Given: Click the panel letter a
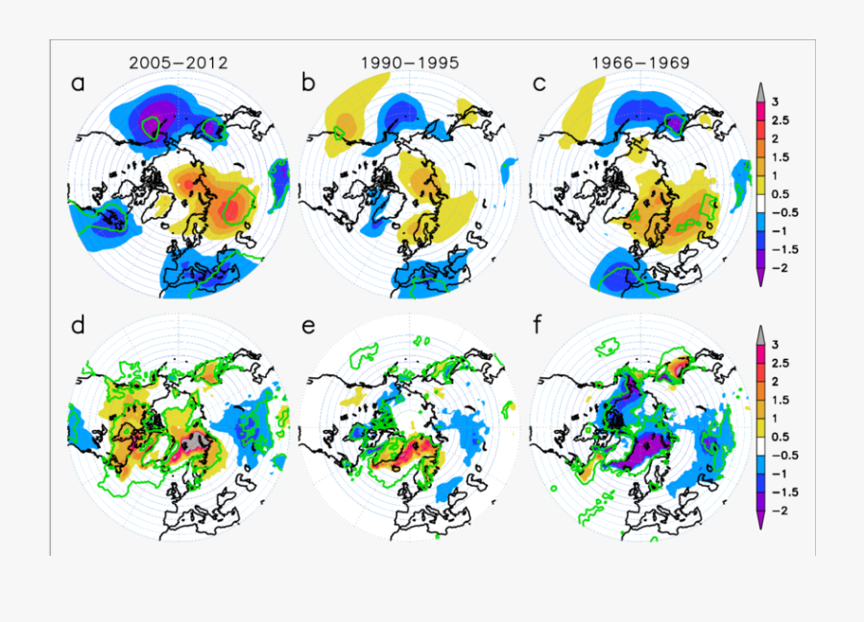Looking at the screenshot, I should pos(78,84).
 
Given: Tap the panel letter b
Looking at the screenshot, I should pos(308,84).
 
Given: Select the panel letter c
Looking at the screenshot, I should pos(539,84).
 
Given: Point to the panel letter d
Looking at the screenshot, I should pos(78,325).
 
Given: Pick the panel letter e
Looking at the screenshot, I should pos(308,325).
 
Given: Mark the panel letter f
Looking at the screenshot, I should pos(539,325).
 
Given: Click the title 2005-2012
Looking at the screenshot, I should pos(178,63).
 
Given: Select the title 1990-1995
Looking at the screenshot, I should pos(409,63).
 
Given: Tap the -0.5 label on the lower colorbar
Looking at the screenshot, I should pos(788,455).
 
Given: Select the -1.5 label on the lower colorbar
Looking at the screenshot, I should pos(788,491).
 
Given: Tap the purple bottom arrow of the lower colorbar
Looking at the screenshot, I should pos(761,519).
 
